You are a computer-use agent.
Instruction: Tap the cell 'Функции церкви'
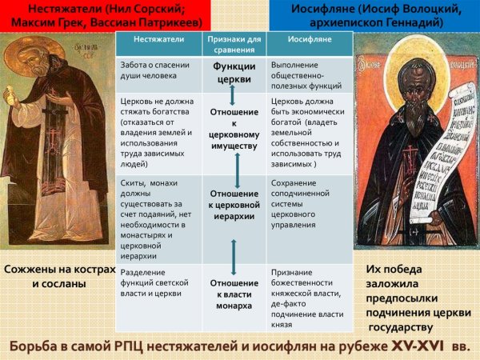pos(234,73)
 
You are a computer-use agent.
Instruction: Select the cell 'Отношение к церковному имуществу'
pos(234,130)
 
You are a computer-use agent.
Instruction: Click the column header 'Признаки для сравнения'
pos(234,42)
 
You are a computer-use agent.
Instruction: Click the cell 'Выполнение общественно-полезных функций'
pos(307,74)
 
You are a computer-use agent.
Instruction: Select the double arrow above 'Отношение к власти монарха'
pos(234,255)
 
